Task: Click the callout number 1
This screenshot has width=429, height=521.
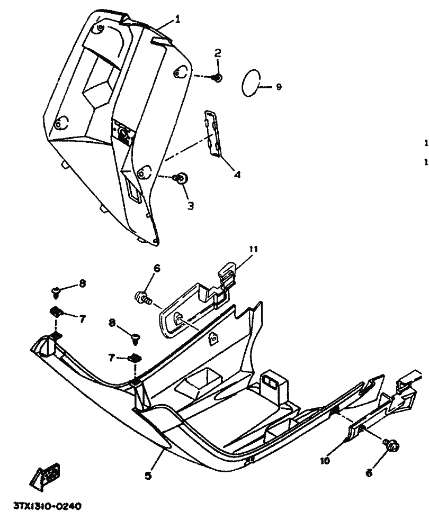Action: pos(178,19)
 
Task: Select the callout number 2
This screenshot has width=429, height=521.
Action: pos(218,53)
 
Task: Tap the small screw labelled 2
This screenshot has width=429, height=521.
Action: pos(217,78)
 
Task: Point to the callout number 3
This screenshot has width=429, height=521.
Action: pos(190,205)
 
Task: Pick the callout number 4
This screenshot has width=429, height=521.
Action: pos(237,173)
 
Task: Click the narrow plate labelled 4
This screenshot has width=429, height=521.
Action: pos(213,134)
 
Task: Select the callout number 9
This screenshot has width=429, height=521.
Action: pos(279,87)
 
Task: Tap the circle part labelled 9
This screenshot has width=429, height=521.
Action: pos(251,84)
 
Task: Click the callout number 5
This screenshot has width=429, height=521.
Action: pos(148,476)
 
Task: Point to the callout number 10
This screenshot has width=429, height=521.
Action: pos(325,461)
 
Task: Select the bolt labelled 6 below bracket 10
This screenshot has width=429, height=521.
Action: pos(392,447)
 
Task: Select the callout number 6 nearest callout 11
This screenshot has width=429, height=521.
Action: pos(157,269)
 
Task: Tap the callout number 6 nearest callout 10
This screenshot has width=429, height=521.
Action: pos(369,473)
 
